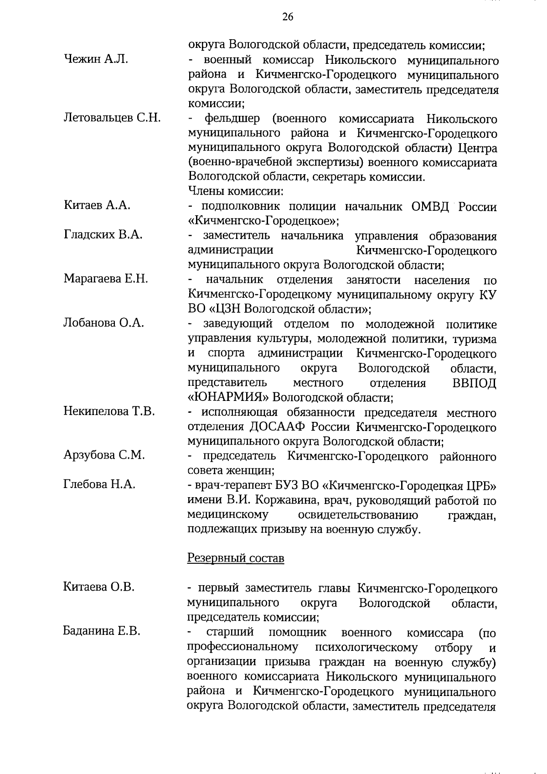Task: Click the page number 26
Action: point(288,17)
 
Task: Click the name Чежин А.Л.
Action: point(96,59)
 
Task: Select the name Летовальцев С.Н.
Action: point(112,118)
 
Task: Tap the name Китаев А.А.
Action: point(97,205)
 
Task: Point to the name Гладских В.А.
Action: point(103,235)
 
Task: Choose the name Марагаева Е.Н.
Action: point(106,279)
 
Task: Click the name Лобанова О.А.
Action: point(104,323)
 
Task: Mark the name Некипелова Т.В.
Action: point(109,411)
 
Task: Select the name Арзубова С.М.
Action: point(104,455)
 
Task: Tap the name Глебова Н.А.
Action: point(99,484)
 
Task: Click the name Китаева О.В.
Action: point(99,587)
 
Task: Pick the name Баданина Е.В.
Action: point(102,631)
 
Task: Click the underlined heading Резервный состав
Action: point(236,559)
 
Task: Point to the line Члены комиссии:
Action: point(236,192)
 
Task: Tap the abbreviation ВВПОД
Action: point(474,383)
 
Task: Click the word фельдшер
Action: point(232,119)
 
